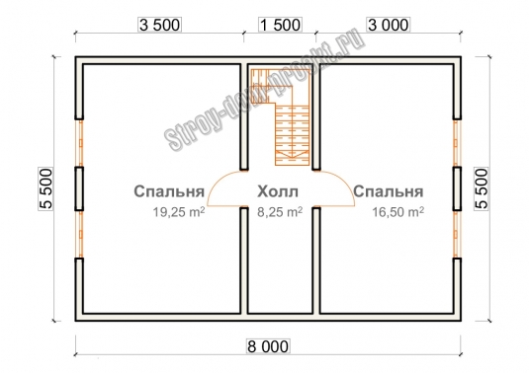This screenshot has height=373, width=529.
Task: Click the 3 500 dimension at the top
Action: pos(159,25)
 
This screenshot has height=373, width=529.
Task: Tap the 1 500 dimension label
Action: pos(280,25)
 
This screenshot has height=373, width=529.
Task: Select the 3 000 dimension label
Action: pos(389,25)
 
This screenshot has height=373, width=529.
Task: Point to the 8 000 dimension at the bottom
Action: pos(268,346)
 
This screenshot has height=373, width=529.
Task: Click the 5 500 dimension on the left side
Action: pos(45,188)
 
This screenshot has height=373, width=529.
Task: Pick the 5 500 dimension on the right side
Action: pos(482,188)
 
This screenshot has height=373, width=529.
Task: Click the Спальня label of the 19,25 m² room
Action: pos(169,191)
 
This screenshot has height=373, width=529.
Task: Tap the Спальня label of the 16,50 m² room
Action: pos(389,191)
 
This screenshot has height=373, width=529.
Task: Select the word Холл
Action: pos(278,191)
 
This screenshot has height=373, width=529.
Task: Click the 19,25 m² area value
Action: pos(179,212)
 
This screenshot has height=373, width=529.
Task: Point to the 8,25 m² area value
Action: pos(280,212)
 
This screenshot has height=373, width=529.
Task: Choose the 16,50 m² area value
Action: pos(398,212)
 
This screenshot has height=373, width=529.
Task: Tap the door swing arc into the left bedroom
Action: pos(213,188)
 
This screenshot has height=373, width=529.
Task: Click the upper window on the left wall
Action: pos(80,143)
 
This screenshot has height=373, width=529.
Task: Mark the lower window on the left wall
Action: pos(80,234)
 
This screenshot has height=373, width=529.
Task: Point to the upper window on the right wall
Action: pos(456,143)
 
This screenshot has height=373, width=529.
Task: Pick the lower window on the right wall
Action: pos(456,234)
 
